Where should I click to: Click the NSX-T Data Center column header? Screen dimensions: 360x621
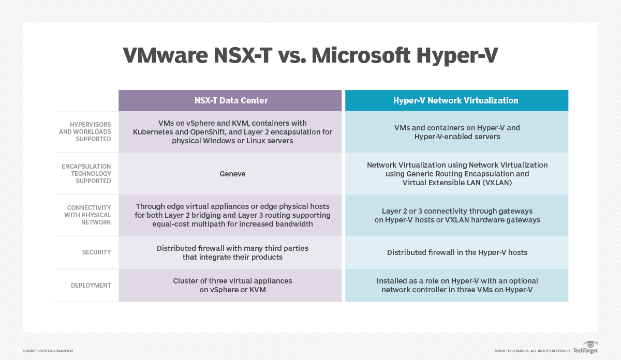coord(230,100)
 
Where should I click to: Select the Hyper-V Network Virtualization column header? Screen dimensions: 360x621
coord(456,100)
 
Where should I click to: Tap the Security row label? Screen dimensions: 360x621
coord(96,252)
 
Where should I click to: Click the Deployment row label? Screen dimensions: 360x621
coord(91,285)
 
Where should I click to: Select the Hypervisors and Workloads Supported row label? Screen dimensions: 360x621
coord(84,132)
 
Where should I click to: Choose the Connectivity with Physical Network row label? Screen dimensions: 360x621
coord(87,215)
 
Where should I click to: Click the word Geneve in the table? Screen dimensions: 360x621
coord(232,174)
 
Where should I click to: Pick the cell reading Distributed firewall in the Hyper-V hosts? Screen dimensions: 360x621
coord(457,252)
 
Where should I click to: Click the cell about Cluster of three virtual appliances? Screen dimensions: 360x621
coord(232,285)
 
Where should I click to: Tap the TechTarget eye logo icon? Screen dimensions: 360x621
coord(590,344)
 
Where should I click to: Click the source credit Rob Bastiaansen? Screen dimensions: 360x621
coord(48,351)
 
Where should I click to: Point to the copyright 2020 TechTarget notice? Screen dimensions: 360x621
coord(532,351)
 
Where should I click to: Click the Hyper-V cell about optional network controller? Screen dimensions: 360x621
coord(457,285)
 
